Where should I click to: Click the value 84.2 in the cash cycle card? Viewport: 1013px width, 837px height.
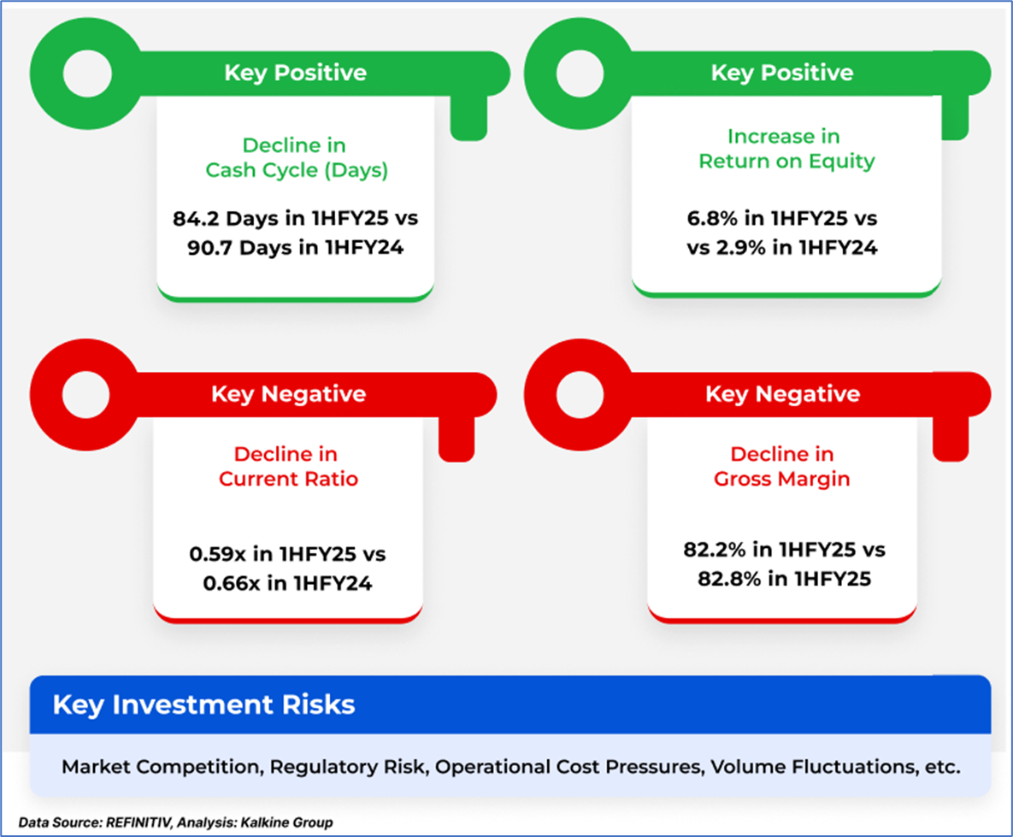[196, 219]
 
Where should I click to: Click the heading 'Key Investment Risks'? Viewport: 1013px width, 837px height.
[204, 704]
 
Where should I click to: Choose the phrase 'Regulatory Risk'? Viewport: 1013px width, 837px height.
[348, 767]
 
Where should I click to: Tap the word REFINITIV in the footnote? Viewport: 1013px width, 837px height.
[138, 822]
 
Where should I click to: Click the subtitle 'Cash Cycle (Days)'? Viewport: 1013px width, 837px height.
[297, 170]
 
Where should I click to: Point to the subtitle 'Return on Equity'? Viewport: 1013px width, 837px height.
[786, 161]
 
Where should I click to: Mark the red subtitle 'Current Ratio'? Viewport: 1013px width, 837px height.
[288, 479]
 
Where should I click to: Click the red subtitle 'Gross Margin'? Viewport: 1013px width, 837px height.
[781, 479]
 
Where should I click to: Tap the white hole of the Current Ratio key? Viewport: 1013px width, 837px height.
[86, 395]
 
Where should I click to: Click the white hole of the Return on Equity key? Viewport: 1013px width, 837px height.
[580, 73]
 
